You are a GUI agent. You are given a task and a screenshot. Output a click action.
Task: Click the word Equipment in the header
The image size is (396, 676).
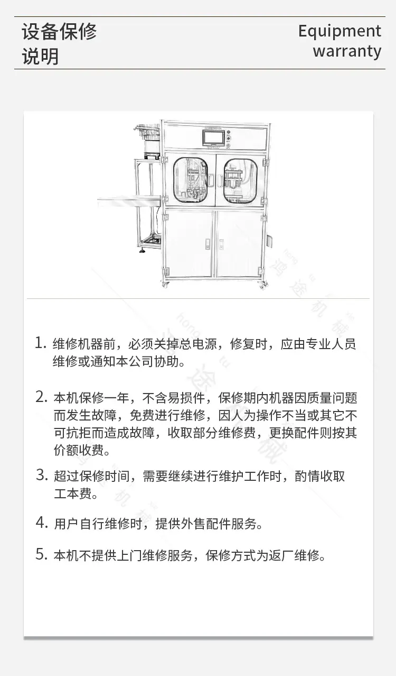point(340,32)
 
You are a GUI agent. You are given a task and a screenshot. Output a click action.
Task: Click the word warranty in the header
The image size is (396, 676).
point(347,51)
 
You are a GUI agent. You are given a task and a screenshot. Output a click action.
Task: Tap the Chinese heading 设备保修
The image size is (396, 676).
point(59,31)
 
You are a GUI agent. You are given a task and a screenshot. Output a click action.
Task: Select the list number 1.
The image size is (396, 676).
point(41,343)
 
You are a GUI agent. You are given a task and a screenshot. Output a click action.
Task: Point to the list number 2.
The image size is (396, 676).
point(41,397)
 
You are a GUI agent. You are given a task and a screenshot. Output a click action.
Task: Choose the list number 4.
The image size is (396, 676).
point(42,523)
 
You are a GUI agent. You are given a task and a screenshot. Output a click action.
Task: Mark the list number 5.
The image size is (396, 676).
point(42,554)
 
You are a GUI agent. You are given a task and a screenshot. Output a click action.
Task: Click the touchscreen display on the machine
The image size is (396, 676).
point(213,139)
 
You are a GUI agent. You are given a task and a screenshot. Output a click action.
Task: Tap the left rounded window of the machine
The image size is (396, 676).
point(190,180)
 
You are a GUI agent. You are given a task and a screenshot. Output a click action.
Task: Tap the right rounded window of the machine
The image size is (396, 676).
point(240,180)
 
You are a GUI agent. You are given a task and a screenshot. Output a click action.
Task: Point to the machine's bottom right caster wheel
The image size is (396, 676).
point(263,285)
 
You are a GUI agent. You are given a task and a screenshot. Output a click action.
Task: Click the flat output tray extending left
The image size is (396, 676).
point(129,202)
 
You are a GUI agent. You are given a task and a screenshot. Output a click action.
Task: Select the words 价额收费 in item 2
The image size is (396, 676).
point(79,450)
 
